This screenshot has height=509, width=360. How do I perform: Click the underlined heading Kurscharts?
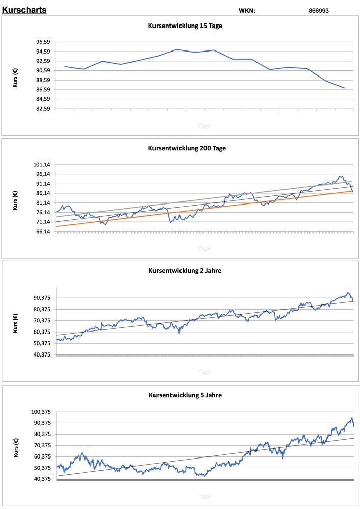point(24,10)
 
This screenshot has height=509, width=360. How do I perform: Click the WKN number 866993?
point(319,11)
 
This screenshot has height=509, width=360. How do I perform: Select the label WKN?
point(247,11)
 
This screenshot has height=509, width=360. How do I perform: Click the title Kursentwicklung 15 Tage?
point(185,26)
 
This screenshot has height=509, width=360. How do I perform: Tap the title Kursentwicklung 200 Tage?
point(187,148)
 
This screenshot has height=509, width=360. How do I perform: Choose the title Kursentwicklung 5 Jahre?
point(185,395)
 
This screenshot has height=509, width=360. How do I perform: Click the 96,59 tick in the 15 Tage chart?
point(43,42)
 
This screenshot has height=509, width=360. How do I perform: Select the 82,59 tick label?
point(43,109)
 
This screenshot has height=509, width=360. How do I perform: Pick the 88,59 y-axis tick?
point(43,80)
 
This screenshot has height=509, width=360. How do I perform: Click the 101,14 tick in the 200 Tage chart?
point(42,165)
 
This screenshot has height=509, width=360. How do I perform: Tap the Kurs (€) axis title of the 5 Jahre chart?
point(16,446)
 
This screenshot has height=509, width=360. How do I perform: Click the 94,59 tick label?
point(43,52)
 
